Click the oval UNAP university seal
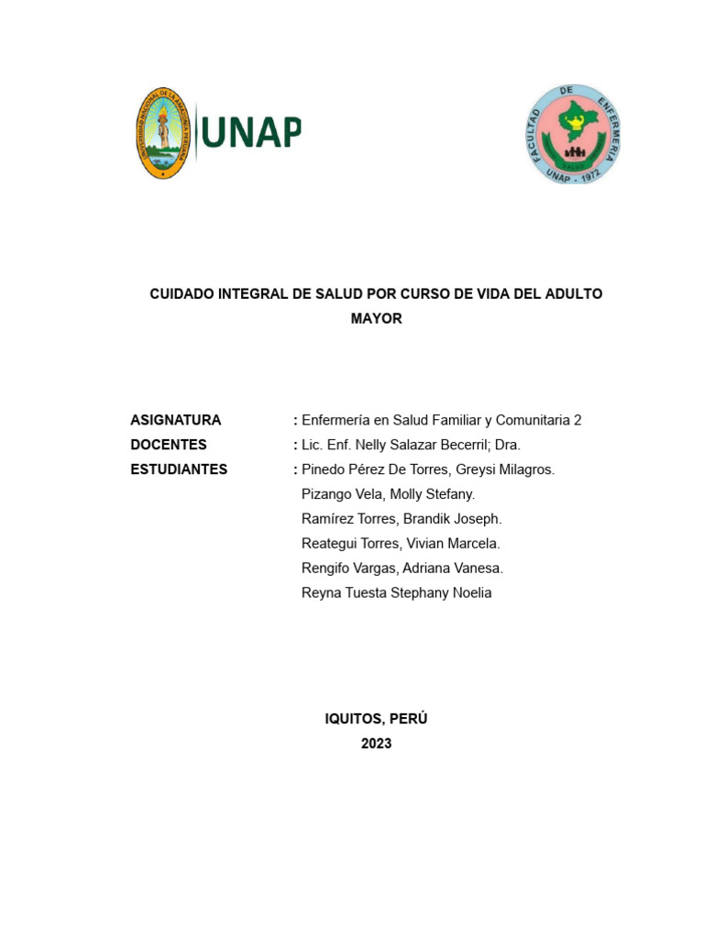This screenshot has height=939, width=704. [162, 133]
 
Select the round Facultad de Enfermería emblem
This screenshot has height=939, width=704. [575, 134]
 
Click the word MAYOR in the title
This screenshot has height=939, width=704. [376, 319]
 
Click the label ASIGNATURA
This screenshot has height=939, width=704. [176, 420]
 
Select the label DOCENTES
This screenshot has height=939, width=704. [169, 445]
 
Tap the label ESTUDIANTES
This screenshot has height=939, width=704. [179, 469]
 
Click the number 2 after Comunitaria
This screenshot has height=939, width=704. [577, 420]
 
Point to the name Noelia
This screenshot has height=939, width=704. [470, 593]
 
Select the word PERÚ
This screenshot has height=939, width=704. [408, 719]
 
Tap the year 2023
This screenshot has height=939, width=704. [376, 744]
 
